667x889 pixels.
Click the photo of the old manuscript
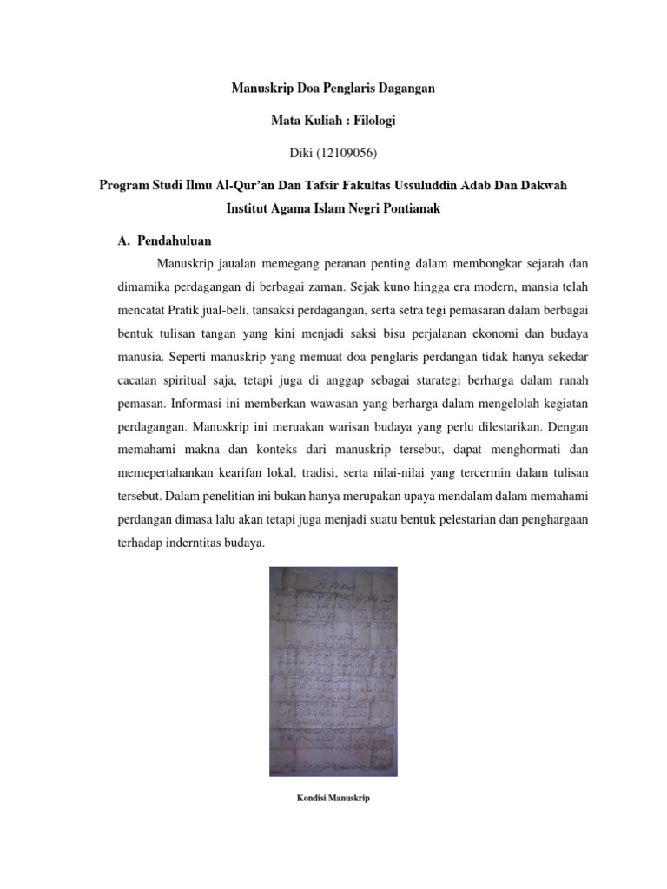click(x=333, y=670)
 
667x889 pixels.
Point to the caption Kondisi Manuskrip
click(x=333, y=798)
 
